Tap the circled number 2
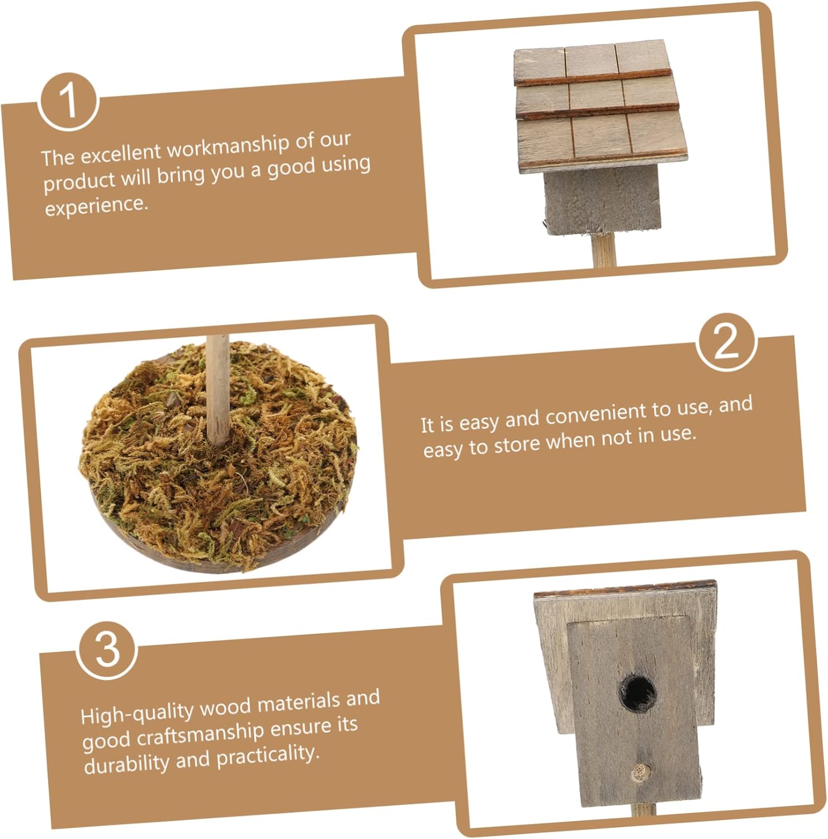[727, 342]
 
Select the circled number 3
[107, 650]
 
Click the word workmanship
[228, 147]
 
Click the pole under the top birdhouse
[604, 249]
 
